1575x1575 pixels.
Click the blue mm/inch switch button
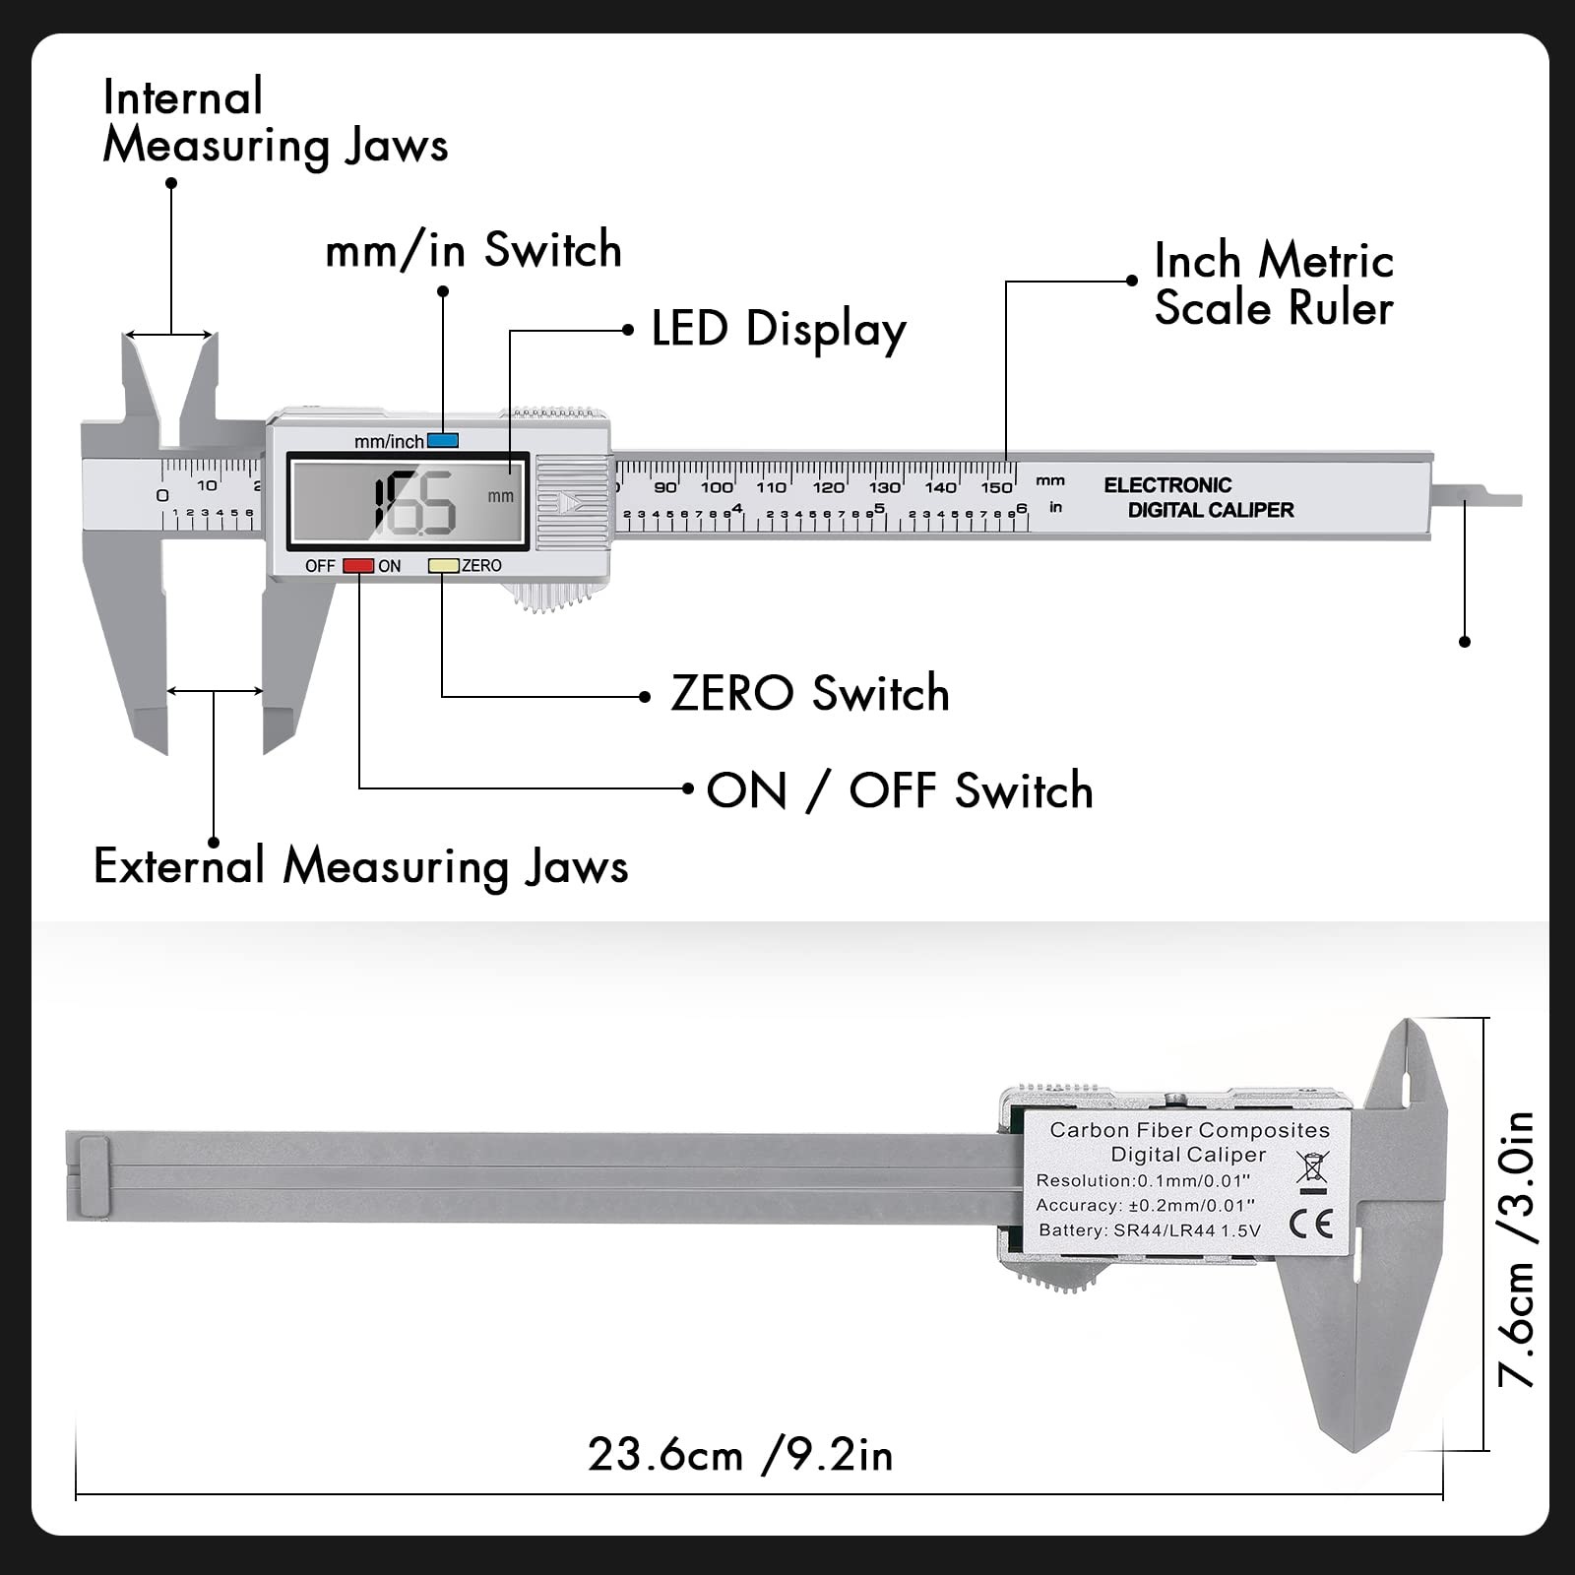click(x=443, y=441)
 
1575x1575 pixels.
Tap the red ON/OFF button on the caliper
click(x=357, y=566)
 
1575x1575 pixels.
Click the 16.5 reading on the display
click(x=413, y=503)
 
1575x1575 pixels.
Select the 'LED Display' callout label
click(x=778, y=329)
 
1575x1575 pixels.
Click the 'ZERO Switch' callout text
click(x=809, y=693)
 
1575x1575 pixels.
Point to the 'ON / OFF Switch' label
click(x=899, y=790)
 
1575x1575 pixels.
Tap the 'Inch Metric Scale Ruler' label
click(x=1273, y=284)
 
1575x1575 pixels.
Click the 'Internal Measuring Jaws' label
click(x=275, y=121)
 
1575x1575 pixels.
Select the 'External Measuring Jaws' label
click(x=360, y=866)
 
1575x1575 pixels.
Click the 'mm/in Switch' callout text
click(x=473, y=250)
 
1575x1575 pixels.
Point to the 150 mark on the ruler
click(x=996, y=487)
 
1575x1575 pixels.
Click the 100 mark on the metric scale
click(x=717, y=487)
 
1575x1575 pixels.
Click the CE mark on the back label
click(x=1311, y=1224)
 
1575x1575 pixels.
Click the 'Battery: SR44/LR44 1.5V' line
click(x=1149, y=1230)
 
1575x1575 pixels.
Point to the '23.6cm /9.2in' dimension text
click(x=740, y=1455)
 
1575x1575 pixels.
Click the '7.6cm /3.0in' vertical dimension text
click(x=1517, y=1248)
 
